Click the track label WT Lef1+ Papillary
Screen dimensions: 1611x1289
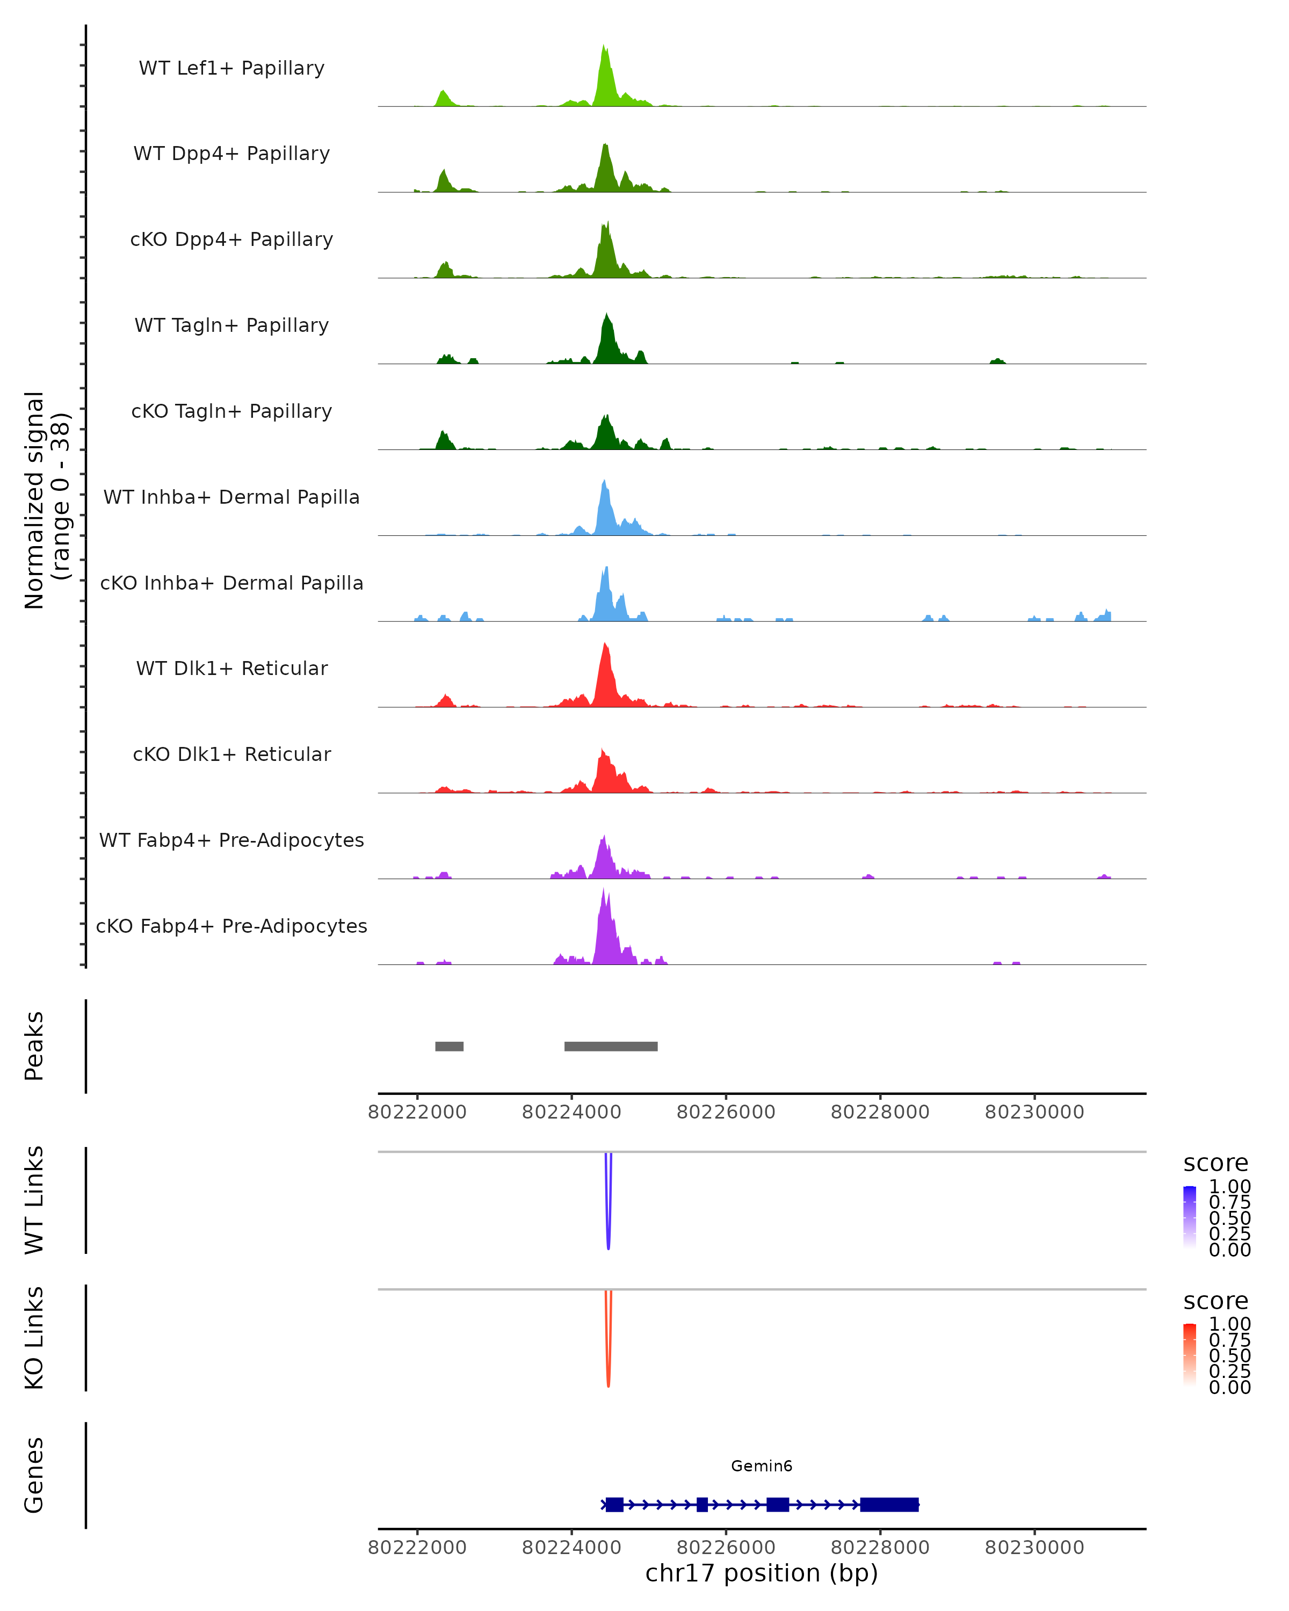click(231, 68)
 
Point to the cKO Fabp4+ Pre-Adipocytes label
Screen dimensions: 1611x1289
click(231, 926)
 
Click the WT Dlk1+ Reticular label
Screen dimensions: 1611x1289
click(231, 668)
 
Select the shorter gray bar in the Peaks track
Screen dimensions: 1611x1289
click(449, 1046)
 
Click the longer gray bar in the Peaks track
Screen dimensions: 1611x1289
click(611, 1046)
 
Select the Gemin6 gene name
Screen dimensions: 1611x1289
click(762, 1466)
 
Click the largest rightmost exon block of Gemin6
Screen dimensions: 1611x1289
click(889, 1505)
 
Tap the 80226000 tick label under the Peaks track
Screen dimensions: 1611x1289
click(726, 1113)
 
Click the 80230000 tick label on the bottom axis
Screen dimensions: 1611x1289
click(1034, 1548)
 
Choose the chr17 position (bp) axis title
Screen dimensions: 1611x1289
click(762, 1573)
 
